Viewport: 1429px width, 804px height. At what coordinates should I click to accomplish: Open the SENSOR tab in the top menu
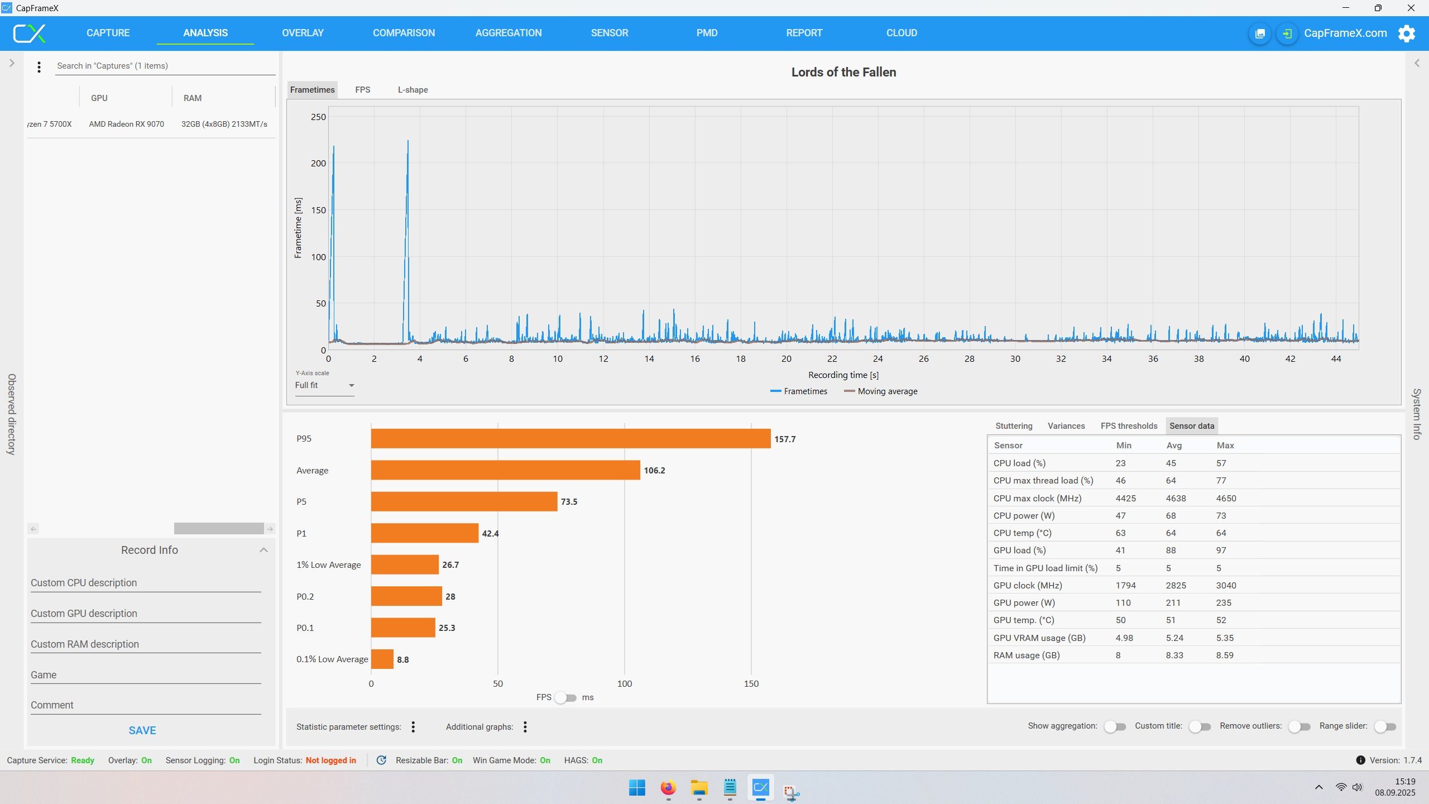pyautogui.click(x=609, y=33)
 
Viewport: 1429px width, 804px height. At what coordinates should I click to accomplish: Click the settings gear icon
pyautogui.click(x=1407, y=33)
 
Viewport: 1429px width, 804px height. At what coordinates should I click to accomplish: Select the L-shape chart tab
pyautogui.click(x=413, y=90)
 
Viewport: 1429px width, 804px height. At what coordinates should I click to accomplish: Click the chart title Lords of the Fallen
pyautogui.click(x=843, y=72)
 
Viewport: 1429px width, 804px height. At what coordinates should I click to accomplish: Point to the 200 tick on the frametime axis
pyautogui.click(x=318, y=163)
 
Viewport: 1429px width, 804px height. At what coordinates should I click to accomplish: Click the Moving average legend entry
pyautogui.click(x=881, y=391)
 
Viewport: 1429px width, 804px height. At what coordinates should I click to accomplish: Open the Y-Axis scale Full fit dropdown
pyautogui.click(x=324, y=385)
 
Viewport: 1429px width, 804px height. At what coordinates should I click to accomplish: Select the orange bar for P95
pyautogui.click(x=570, y=438)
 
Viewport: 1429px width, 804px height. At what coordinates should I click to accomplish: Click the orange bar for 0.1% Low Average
pyautogui.click(x=382, y=659)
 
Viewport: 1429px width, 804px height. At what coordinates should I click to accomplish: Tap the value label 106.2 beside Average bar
pyautogui.click(x=654, y=470)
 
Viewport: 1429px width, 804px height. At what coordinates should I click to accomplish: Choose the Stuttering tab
pyautogui.click(x=1014, y=426)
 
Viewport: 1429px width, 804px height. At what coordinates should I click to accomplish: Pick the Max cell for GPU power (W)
pyautogui.click(x=1224, y=603)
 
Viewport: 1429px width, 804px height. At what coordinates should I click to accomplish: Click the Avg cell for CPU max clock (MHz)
pyautogui.click(x=1176, y=498)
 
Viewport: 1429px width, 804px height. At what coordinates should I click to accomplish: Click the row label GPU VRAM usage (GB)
pyautogui.click(x=1039, y=638)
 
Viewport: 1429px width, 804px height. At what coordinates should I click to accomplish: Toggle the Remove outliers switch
pyautogui.click(x=1299, y=726)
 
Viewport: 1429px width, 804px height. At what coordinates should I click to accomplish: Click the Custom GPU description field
pyautogui.click(x=146, y=614)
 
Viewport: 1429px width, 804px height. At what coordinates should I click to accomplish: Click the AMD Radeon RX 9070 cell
pyautogui.click(x=126, y=124)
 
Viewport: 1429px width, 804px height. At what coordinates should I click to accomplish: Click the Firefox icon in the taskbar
pyautogui.click(x=668, y=788)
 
